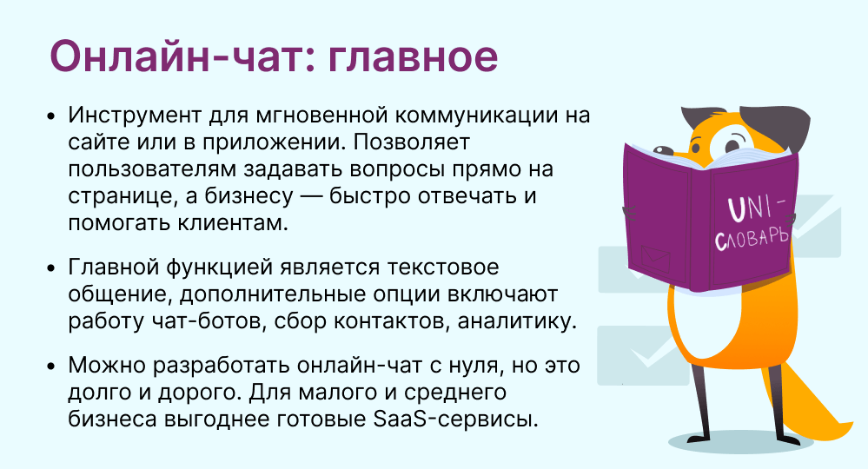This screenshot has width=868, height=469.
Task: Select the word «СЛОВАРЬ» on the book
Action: click(752, 237)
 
